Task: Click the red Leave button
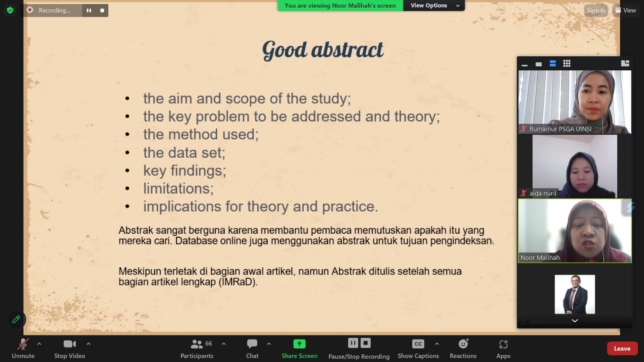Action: pos(622,348)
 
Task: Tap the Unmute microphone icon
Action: pos(23,344)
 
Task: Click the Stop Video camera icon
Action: pos(70,344)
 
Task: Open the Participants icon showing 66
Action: pos(197,344)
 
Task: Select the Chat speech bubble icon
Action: pos(252,343)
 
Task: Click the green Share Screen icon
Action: pos(299,344)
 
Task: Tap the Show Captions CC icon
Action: pos(418,344)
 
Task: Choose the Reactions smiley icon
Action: pos(463,343)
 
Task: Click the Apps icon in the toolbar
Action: pos(503,344)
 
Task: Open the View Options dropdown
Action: pos(434,6)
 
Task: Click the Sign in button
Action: pos(596,10)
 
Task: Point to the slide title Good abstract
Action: pos(322,50)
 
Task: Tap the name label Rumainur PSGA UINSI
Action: pos(560,129)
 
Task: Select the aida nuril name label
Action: pos(543,193)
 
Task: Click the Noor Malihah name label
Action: pos(540,258)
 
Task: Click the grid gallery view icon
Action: pos(567,64)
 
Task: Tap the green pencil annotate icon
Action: pos(16,319)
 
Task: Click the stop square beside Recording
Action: pos(102,10)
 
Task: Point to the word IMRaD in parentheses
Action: pos(237,282)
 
